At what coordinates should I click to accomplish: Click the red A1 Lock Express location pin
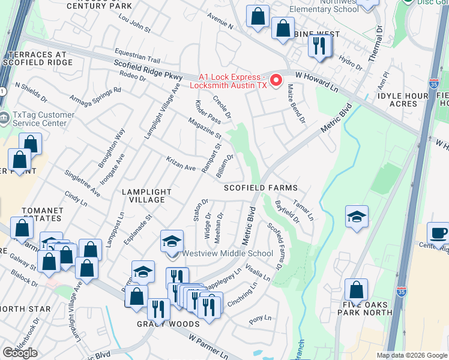pyautogui.click(x=277, y=80)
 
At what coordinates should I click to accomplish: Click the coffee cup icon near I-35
pyautogui.click(x=438, y=233)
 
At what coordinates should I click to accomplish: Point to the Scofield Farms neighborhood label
pyautogui.click(x=261, y=188)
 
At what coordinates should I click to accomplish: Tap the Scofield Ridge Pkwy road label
pyautogui.click(x=147, y=73)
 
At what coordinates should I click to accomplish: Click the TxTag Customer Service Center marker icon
pyautogui.click(x=5, y=116)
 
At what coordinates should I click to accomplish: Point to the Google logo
pyautogui.click(x=20, y=353)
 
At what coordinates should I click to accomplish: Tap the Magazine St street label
pyautogui.click(x=205, y=128)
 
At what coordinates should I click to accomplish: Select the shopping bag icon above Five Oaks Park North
pyautogui.click(x=356, y=290)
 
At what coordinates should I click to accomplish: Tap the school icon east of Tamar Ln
pyautogui.click(x=357, y=217)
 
